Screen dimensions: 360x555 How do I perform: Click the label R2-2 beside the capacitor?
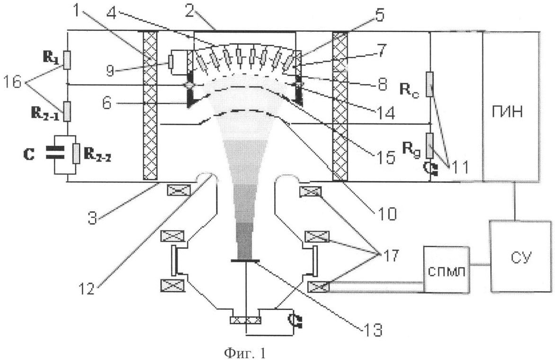click(96, 154)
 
